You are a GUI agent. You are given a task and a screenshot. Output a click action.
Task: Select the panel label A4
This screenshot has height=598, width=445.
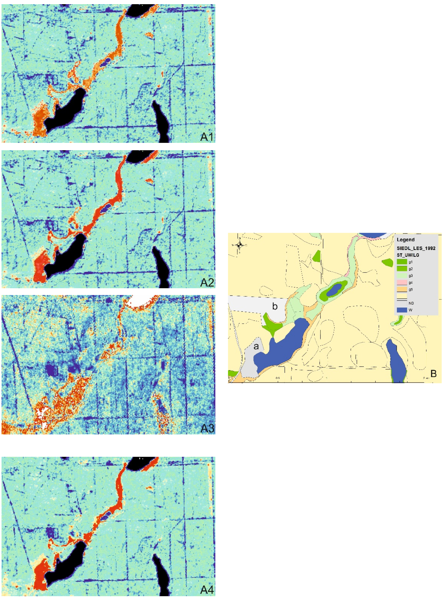207,590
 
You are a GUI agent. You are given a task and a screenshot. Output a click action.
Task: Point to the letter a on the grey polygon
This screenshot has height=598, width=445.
256,346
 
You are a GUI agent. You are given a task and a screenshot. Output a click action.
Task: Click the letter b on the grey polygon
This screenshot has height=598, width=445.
275,306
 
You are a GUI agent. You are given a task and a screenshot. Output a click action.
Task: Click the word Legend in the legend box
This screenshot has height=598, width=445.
405,240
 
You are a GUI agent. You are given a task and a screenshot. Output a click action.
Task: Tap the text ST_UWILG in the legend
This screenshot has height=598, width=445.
408,255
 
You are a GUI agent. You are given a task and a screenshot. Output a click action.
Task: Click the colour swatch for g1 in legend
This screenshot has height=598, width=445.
402,262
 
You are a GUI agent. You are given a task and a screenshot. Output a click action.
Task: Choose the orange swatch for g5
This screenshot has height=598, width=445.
402,290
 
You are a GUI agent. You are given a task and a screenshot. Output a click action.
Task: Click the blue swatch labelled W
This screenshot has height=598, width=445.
402,310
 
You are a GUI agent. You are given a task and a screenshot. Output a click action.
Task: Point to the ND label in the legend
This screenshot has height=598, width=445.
411,303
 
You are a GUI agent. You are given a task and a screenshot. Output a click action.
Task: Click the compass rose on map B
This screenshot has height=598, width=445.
239,245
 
